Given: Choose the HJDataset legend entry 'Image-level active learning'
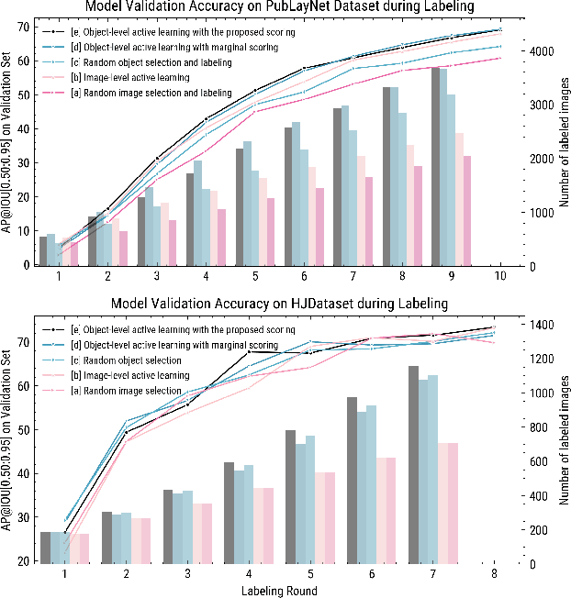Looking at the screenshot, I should click(139, 376).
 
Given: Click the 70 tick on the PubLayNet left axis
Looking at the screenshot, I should click(23, 27).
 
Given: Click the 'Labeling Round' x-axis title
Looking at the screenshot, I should click(279, 591).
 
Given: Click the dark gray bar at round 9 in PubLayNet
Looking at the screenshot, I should click(436, 166).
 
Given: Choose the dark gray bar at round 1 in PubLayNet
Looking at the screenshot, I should click(42, 250).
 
